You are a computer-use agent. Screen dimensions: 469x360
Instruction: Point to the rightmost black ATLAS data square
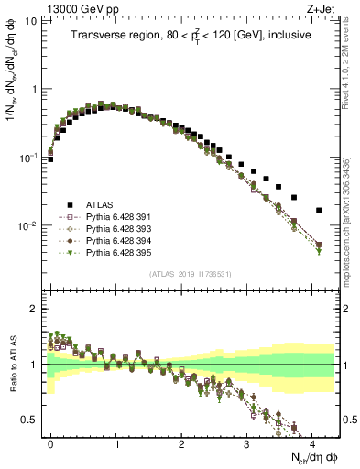[x=319, y=210]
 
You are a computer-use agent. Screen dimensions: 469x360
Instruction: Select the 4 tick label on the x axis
[x=312, y=442]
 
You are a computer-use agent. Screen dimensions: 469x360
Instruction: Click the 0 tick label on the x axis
[x=50, y=442]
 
